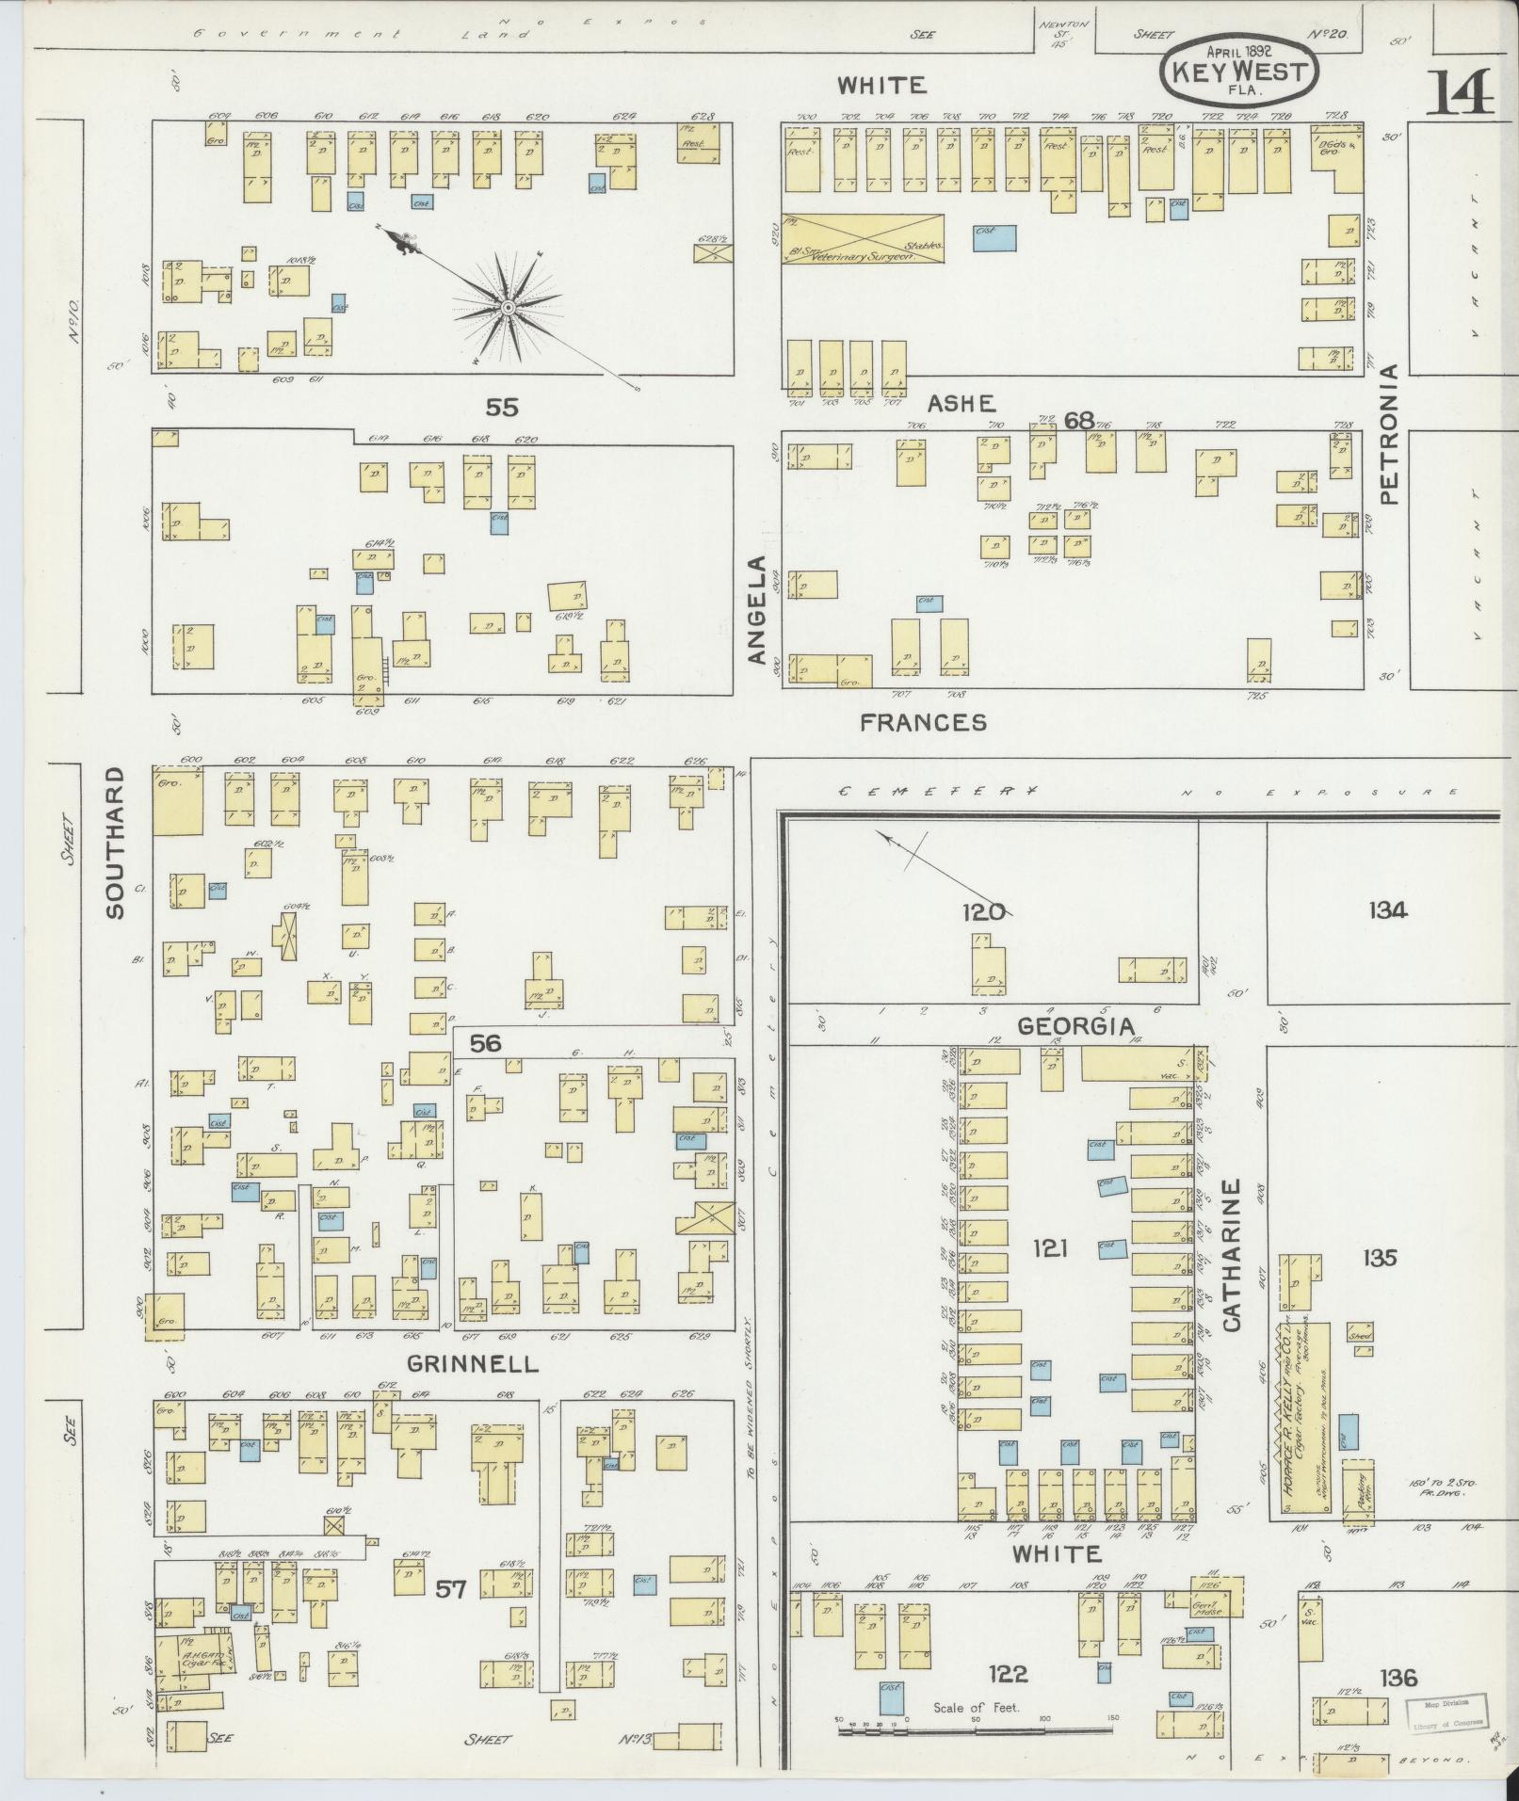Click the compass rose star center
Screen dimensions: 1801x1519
click(x=507, y=308)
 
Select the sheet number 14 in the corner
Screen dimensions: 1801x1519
click(x=1459, y=92)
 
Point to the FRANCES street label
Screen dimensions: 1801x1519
click(x=923, y=722)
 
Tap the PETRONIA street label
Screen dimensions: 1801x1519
click(x=1392, y=435)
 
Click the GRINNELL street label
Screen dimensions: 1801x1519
click(x=473, y=1363)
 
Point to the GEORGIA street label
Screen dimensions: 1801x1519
click(x=1075, y=1026)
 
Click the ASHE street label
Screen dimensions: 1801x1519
click(x=961, y=404)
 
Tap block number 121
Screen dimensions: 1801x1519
click(x=1050, y=1247)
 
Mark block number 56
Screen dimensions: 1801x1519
click(x=485, y=1042)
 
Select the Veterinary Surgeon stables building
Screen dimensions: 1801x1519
click(x=865, y=238)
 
